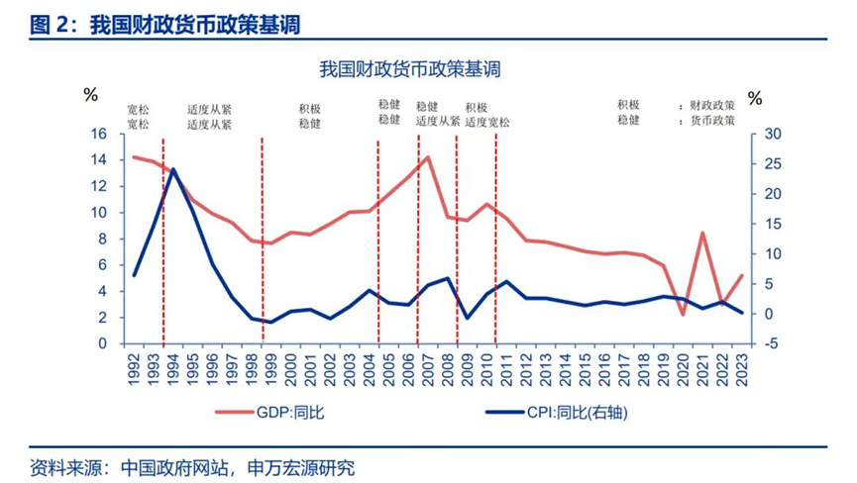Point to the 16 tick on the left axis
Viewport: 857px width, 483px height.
[99, 134]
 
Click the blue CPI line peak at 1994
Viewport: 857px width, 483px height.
[173, 169]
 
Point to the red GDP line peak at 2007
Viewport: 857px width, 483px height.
[427, 157]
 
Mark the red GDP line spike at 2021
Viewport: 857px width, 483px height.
[701, 234]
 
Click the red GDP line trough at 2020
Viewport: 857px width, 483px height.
[682, 315]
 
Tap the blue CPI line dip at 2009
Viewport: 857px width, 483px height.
[467, 318]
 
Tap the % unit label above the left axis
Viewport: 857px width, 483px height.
[91, 96]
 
